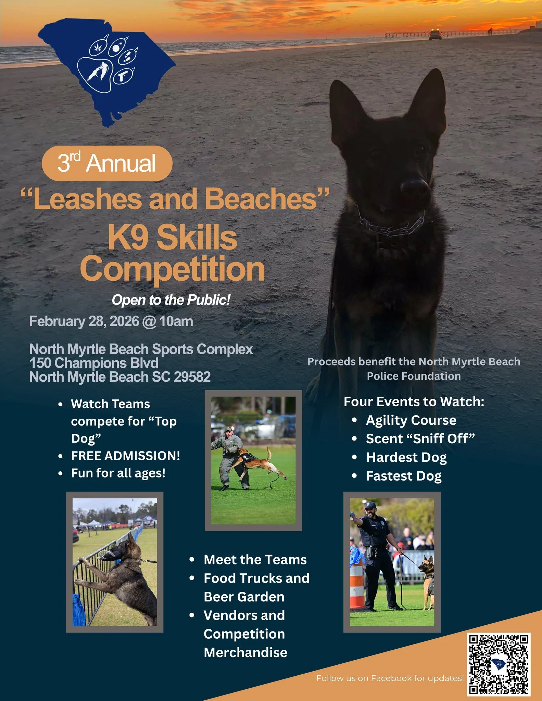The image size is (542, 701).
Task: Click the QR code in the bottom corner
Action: (499, 664)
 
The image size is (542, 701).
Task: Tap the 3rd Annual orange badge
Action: (107, 163)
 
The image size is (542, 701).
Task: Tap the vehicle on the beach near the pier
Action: (435, 35)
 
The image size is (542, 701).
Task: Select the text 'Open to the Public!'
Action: (171, 300)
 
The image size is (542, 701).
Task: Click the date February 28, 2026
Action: (84, 321)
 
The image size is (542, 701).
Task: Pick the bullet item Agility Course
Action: (411, 420)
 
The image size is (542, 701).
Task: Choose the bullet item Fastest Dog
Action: (404, 476)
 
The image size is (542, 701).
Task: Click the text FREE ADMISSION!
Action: (125, 456)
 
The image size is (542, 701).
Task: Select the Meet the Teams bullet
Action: (255, 560)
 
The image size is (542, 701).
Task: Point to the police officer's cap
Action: (370, 505)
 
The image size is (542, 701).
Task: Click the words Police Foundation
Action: (414, 376)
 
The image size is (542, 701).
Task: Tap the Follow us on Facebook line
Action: (390, 678)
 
